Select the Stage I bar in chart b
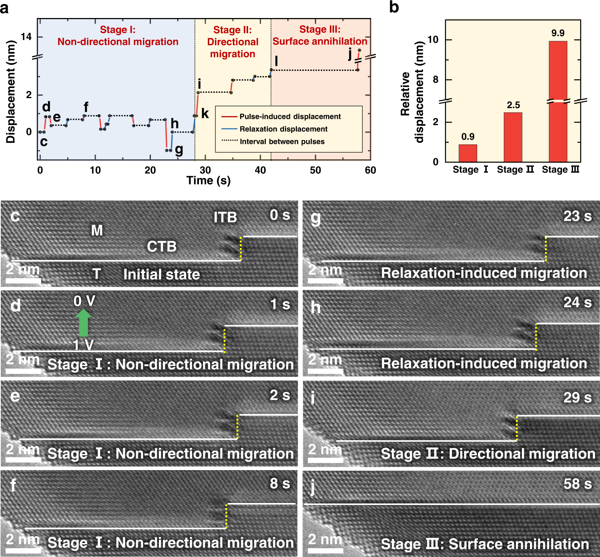click(468, 153)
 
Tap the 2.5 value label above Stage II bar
click(513, 105)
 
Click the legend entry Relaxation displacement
click(283, 129)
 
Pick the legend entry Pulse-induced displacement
click(290, 117)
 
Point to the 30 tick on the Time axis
click(205, 170)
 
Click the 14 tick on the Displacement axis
click(26, 37)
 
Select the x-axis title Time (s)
click(209, 181)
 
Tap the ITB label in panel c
click(225, 217)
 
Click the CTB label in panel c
click(162, 246)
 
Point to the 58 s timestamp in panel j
click(577, 484)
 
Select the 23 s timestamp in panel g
click(577, 216)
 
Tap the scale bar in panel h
click(325, 371)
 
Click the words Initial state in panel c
click(161, 275)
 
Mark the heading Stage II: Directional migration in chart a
click(233, 42)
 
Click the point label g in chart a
click(179, 150)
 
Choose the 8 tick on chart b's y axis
click(435, 80)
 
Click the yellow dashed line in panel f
click(226, 516)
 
